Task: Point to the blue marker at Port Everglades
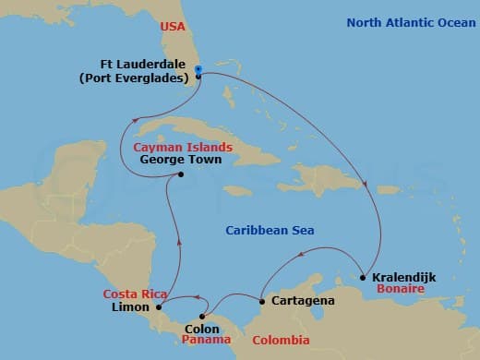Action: [x=198, y=69]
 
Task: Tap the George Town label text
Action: [x=174, y=159]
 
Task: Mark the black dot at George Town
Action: [x=180, y=174]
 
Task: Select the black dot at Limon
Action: [x=159, y=306]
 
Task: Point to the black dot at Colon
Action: [x=203, y=316]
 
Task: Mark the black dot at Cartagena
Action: [x=263, y=301]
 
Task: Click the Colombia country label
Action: [x=282, y=340]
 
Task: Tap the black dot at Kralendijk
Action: [x=364, y=277]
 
